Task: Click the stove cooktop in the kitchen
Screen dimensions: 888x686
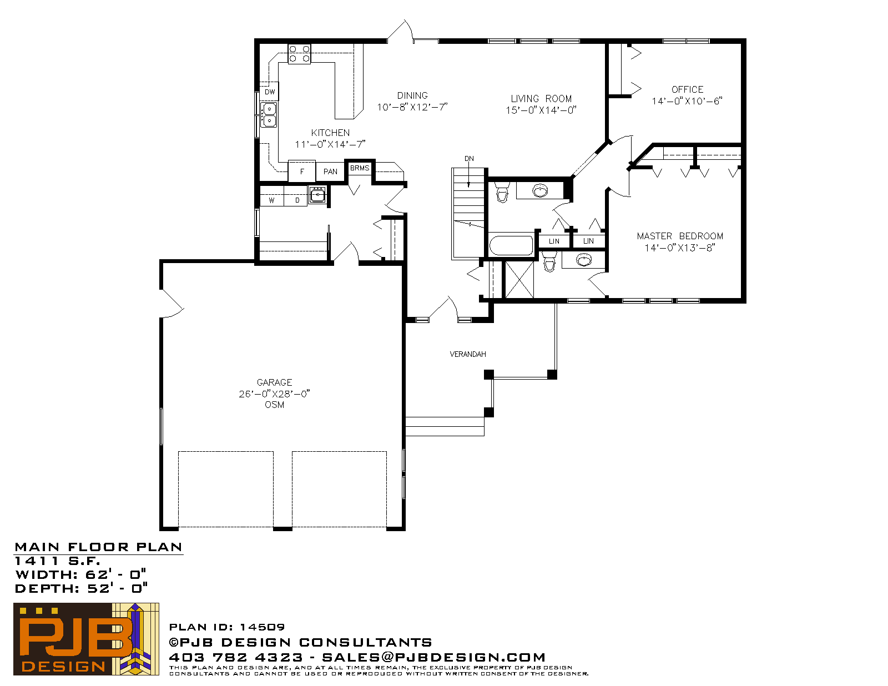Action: click(300, 54)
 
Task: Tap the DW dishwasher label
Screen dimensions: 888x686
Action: click(270, 92)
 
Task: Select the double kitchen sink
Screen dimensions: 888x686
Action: click(269, 115)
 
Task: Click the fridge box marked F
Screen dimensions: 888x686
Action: click(301, 171)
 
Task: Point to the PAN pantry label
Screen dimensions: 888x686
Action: click(330, 171)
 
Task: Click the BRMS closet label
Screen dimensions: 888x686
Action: click(360, 168)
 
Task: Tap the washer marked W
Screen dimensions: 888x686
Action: click(272, 200)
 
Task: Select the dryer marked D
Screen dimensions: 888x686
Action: click(297, 200)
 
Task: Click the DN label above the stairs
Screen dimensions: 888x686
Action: click(469, 159)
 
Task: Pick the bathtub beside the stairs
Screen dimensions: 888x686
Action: click(511, 245)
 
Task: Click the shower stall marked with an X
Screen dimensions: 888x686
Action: click(519, 280)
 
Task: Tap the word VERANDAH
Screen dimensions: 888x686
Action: click(468, 354)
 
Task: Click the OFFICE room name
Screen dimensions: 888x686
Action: click(687, 89)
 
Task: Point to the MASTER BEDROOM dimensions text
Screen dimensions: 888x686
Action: click(680, 248)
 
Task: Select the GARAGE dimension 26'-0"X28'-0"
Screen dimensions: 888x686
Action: click(274, 394)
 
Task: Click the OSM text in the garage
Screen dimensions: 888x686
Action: click(274, 405)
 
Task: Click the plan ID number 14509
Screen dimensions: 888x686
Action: click(262, 627)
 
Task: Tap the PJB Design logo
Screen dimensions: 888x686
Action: click(86, 639)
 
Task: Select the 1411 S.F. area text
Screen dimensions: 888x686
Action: click(57, 561)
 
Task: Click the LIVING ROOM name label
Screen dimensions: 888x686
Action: click(541, 98)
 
